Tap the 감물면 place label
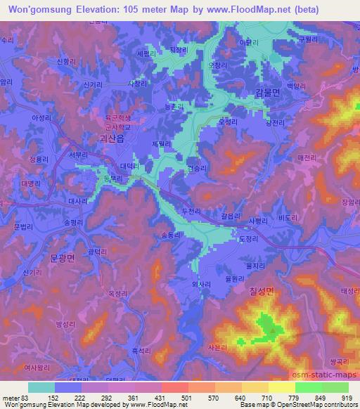[266, 92]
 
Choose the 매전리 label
[308, 157]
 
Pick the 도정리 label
[250, 239]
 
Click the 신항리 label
[65, 62]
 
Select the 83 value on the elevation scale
[19, 398]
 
